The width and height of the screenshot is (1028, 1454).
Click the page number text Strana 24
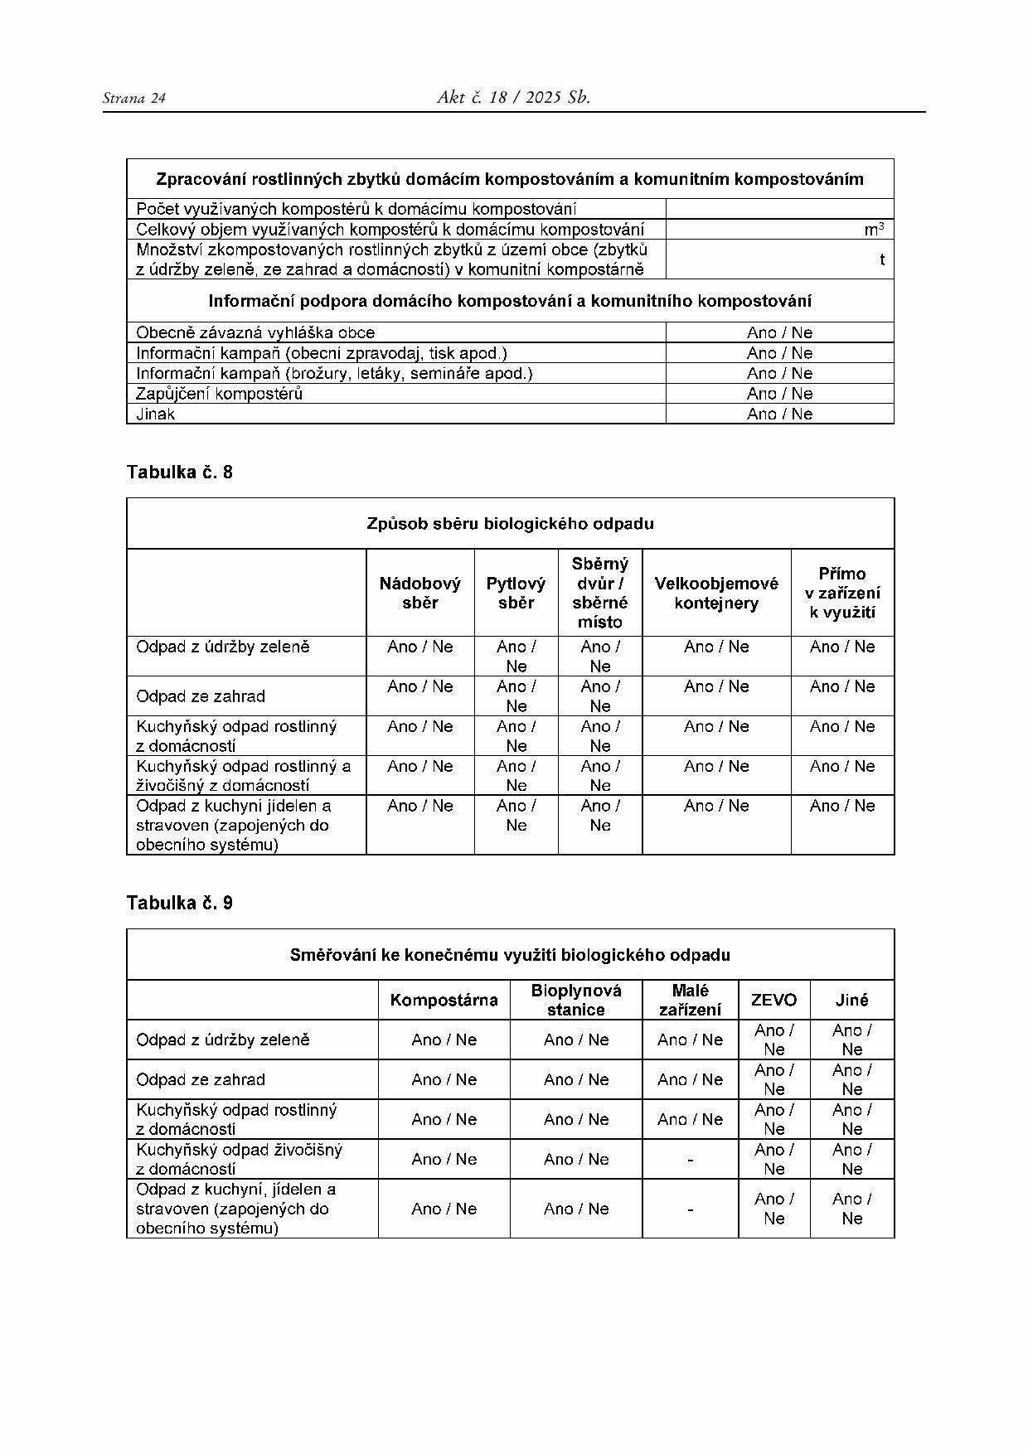coord(134,99)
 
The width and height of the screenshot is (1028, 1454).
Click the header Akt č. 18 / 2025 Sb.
coord(513,98)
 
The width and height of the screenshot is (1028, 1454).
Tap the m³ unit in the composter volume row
coord(874,230)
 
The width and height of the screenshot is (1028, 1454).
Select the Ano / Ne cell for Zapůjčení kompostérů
coord(779,394)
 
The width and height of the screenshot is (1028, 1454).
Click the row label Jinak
coord(156,414)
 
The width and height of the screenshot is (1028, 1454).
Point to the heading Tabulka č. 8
coord(180,473)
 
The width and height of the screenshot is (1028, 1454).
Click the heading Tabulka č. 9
coord(180,904)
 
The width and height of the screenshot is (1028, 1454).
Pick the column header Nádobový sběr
coord(420,593)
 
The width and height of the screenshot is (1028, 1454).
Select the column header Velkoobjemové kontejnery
coord(716,593)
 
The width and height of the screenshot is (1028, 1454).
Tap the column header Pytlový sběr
coord(516,593)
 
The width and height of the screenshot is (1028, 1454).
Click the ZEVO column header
coord(773,1001)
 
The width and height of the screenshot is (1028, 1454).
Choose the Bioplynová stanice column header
coord(576,1000)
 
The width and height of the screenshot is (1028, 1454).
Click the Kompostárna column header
coord(444,1001)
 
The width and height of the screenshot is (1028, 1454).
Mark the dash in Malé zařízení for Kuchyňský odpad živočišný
coord(690,1160)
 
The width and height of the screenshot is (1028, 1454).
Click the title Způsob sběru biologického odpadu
coord(510,524)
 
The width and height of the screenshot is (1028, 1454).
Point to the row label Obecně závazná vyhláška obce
coord(255,332)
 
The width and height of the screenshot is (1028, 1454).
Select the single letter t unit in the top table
coord(882,259)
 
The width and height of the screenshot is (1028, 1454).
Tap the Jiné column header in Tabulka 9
coord(851,1001)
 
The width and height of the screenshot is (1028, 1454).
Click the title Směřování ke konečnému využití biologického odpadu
coord(510,955)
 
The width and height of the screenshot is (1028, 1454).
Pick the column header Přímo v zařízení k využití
coord(842,593)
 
